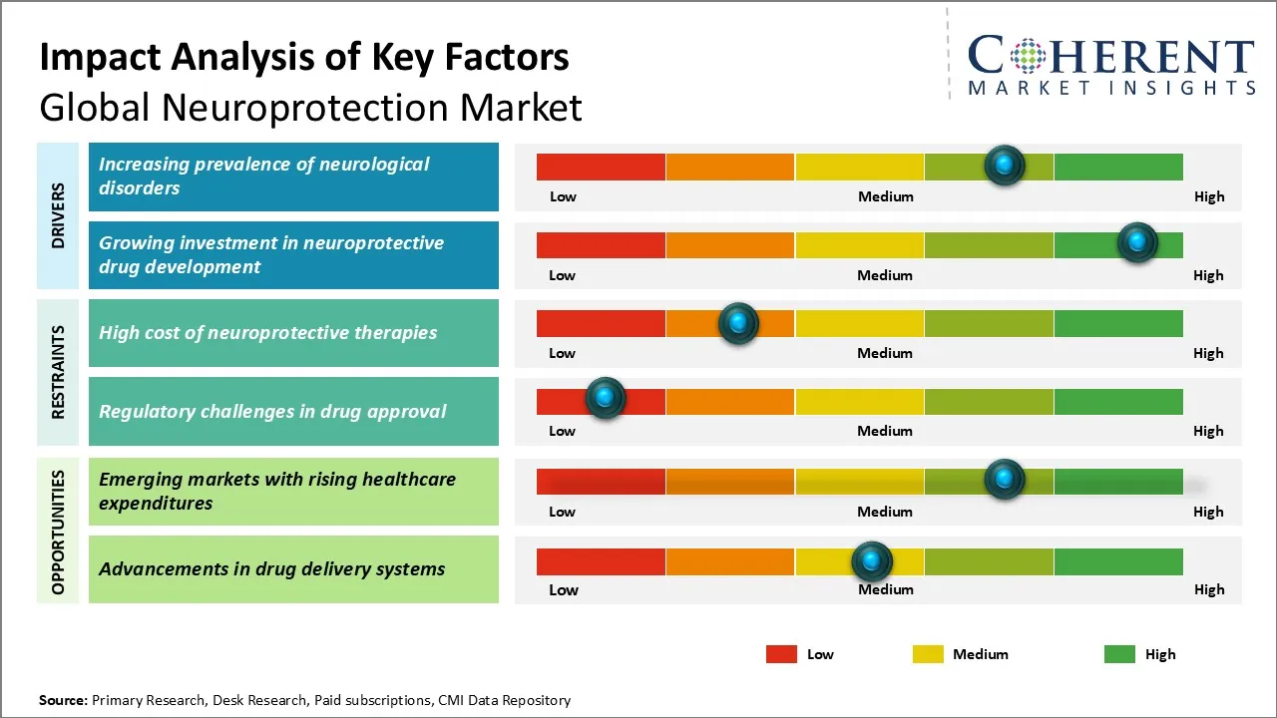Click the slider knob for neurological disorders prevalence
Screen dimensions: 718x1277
[1005, 165]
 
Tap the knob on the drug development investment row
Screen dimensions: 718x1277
[1137, 242]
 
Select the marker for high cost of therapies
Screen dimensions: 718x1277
[738, 322]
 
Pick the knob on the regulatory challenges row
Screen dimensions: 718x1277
[605, 398]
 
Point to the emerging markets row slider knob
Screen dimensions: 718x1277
[1005, 479]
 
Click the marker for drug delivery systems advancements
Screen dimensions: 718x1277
[872, 561]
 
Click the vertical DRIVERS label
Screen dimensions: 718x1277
[58, 215]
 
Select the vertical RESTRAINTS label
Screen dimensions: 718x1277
[58, 372]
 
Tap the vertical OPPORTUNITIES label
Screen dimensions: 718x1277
[58, 532]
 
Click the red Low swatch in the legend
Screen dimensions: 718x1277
[781, 654]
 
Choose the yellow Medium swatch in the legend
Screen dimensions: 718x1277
[928, 654]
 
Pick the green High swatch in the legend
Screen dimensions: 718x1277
[1119, 654]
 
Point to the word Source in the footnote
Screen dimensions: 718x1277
[63, 700]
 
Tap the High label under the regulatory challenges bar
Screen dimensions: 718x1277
[1208, 431]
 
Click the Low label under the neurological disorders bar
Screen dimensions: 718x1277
[563, 196]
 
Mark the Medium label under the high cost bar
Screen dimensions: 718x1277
[885, 353]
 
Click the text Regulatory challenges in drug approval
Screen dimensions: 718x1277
[272, 411]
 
